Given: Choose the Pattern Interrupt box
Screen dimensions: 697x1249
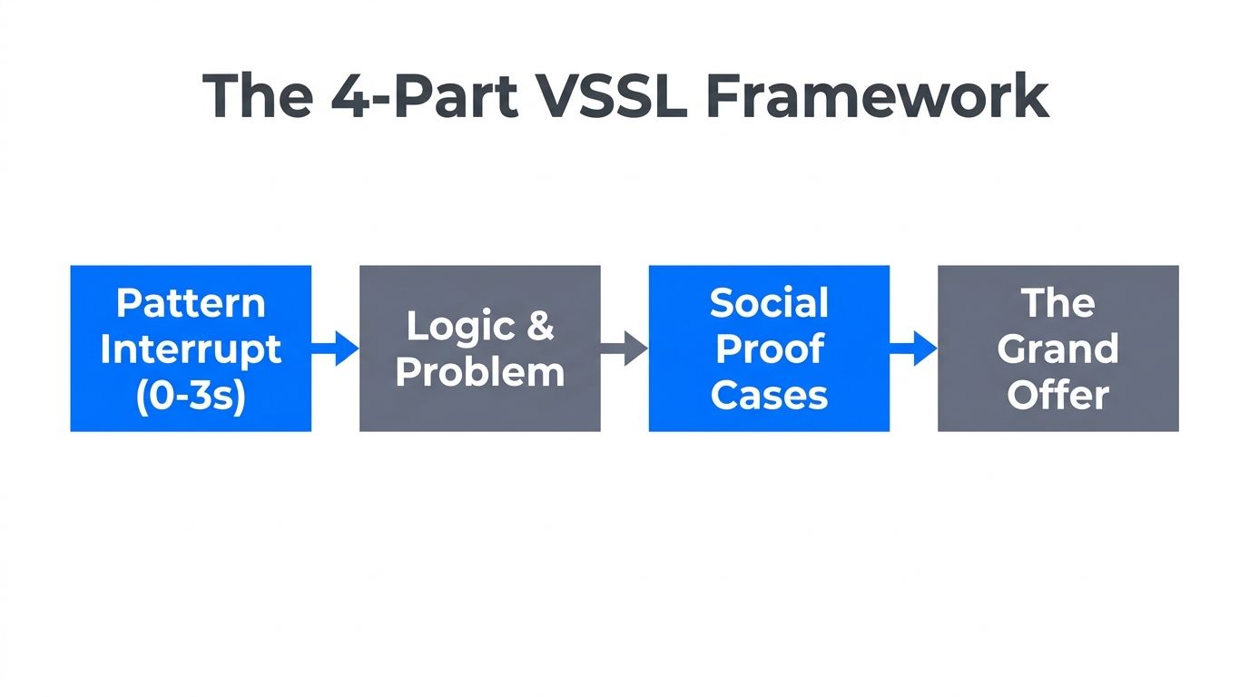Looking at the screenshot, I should pyautogui.click(x=191, y=348).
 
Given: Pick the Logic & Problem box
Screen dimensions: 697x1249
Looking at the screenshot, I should pyautogui.click(x=479, y=348).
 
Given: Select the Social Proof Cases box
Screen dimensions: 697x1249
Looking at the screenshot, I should pyautogui.click(x=769, y=348).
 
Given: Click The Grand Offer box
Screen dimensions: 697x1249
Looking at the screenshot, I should pyautogui.click(x=1057, y=348).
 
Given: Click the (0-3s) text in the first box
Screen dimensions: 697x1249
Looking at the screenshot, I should pyautogui.click(x=191, y=397).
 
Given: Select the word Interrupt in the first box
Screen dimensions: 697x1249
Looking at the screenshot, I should pyautogui.click(x=191, y=349).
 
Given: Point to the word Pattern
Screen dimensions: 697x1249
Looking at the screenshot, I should pyautogui.click(x=191, y=303).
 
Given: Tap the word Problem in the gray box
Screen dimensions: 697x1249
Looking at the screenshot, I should pyautogui.click(x=479, y=372).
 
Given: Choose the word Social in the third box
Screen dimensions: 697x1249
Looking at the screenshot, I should pyautogui.click(x=769, y=303).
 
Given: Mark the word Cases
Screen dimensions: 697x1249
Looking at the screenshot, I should pyautogui.click(x=769, y=396).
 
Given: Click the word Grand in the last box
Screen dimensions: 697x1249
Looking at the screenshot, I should pyautogui.click(x=1057, y=349).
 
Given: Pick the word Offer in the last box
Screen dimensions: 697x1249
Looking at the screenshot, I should pyautogui.click(x=1057, y=396).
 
